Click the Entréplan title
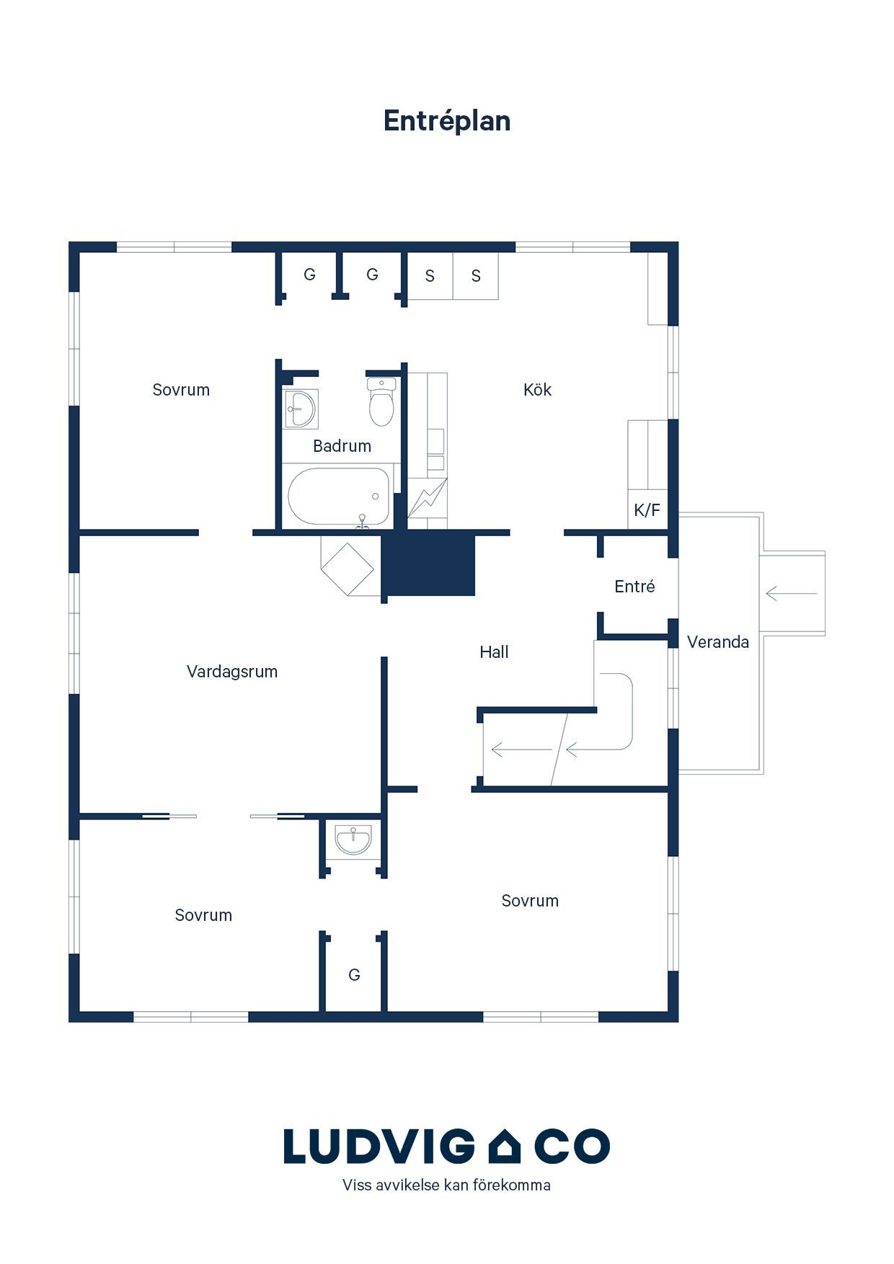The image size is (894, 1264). click(x=447, y=121)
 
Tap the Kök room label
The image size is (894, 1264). click(x=537, y=390)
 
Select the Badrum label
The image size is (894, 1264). click(x=342, y=446)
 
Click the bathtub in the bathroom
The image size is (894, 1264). click(x=339, y=497)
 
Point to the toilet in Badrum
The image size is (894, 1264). click(x=381, y=401)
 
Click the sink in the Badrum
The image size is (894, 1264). click(x=301, y=409)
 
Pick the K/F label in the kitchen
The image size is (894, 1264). click(x=647, y=510)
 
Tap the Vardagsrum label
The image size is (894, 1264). click(x=232, y=672)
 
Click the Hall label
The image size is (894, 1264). click(x=494, y=652)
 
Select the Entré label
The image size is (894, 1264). click(x=634, y=587)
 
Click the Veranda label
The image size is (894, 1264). click(x=718, y=642)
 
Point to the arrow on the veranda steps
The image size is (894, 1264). click(x=791, y=594)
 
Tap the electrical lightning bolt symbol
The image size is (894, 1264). click(x=427, y=498)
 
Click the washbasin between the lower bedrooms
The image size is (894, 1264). click(x=353, y=840)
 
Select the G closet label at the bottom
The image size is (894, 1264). click(x=354, y=975)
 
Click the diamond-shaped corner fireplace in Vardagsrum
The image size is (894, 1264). click(x=347, y=568)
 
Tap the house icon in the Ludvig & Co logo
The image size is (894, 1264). click(x=504, y=1146)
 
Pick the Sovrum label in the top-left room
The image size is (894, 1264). click(x=181, y=390)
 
